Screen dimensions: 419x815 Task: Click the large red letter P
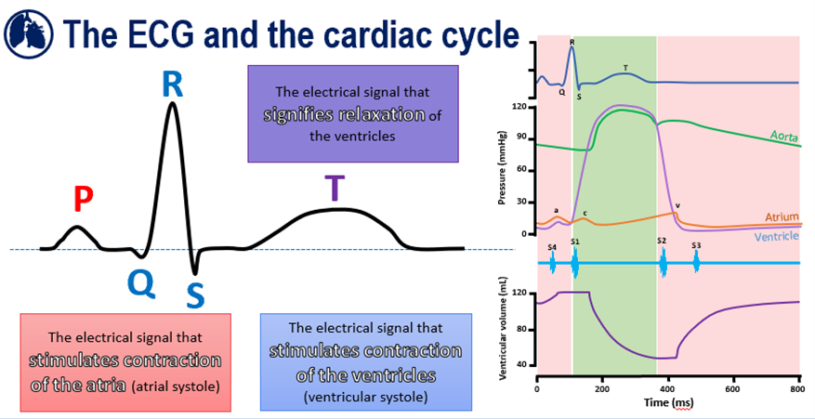[x=83, y=197]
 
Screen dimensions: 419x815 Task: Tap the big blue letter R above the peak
[x=172, y=85]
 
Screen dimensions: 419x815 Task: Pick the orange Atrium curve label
[x=782, y=216]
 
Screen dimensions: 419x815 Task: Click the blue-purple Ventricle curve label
[x=777, y=237]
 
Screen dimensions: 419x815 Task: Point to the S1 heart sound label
[x=575, y=242]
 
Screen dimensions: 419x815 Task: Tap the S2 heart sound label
[x=662, y=241]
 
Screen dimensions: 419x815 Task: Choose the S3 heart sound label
[x=696, y=245]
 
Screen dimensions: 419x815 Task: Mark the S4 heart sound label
[x=552, y=247]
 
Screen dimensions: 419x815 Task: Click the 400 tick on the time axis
[x=667, y=389]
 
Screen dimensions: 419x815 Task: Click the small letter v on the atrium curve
[x=677, y=205]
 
